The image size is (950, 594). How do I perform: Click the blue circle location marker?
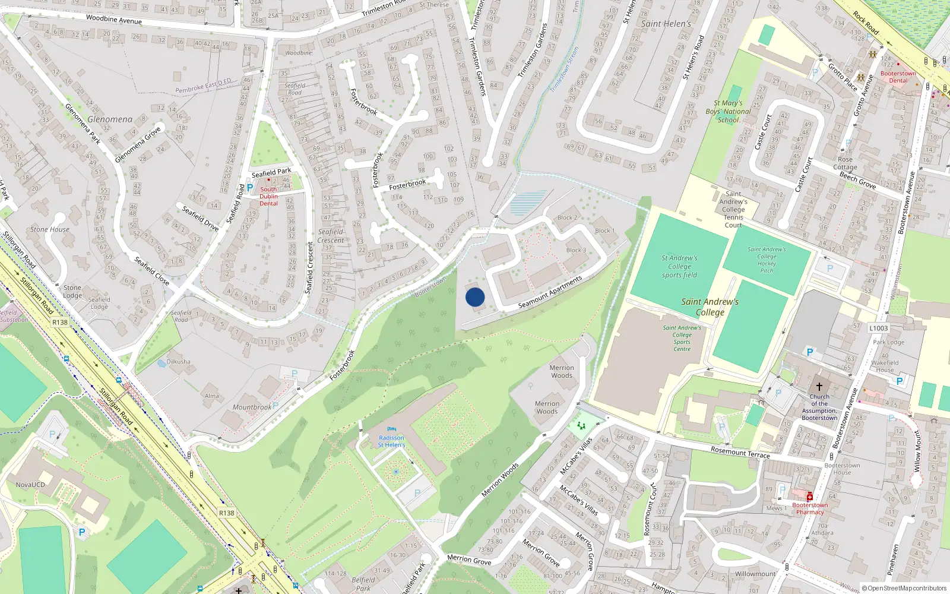coord(475,297)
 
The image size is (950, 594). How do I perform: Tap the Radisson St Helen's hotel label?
coord(391,441)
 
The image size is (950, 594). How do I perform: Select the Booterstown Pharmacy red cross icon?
coord(809,497)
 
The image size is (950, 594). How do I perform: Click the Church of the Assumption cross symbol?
coord(819,386)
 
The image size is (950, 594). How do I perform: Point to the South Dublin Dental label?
coord(268,196)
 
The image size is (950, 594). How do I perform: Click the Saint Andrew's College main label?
coord(710,307)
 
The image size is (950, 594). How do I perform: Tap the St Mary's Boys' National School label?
coord(729,111)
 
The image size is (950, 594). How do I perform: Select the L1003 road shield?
coord(879,328)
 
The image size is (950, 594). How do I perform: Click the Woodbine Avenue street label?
coord(114,19)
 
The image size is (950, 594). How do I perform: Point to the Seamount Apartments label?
coord(550,292)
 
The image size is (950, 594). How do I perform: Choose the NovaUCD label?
coord(30,485)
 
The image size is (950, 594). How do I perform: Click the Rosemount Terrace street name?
coord(740,453)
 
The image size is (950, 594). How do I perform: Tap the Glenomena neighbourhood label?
coord(110,119)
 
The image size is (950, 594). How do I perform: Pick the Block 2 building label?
coord(567,217)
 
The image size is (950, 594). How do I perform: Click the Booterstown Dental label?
coord(898,77)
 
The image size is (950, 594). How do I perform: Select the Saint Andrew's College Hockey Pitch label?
coord(767,260)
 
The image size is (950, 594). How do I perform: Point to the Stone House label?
coord(50,229)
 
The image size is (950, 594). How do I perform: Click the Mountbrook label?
coord(252,407)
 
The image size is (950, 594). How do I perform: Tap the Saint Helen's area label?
coord(666,24)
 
